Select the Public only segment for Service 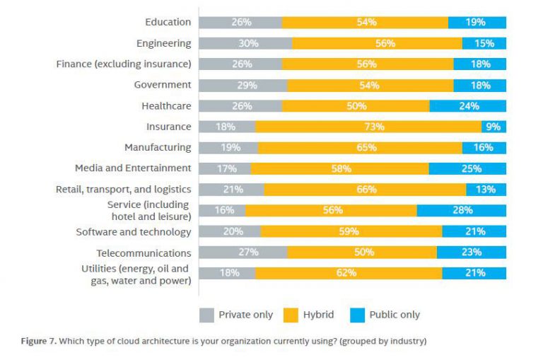point(461,210)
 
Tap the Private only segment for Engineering point(245,43)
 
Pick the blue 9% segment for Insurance point(494,127)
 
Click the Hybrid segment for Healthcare point(356,106)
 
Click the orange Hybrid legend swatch point(290,315)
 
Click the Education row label point(168,22)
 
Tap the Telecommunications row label point(144,252)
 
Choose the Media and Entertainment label point(133,168)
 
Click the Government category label point(163,85)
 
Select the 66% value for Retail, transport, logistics point(365,190)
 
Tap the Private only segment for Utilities point(226,273)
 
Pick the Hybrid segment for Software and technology point(351,231)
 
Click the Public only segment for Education point(477,22)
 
